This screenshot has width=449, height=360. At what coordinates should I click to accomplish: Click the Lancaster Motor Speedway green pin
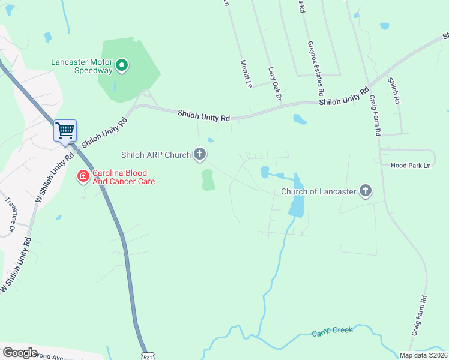(122, 65)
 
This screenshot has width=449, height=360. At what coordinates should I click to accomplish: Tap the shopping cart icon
(65, 130)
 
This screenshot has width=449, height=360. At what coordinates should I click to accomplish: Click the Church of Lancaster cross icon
(365, 192)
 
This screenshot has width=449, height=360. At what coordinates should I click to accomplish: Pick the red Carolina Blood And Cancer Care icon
(83, 176)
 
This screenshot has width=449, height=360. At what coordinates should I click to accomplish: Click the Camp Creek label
(332, 332)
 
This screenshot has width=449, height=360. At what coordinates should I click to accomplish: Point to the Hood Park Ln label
(411, 165)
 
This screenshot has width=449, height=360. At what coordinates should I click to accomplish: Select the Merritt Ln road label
(245, 74)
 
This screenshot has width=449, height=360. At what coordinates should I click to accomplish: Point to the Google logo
(20, 353)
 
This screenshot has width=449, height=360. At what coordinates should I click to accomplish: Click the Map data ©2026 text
(423, 355)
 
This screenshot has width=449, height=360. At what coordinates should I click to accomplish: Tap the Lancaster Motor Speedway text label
(82, 65)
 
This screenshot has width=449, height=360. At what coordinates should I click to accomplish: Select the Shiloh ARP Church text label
(156, 155)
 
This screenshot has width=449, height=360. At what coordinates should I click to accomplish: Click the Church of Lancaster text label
(318, 192)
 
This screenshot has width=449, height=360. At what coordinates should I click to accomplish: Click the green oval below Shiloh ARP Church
(208, 179)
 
